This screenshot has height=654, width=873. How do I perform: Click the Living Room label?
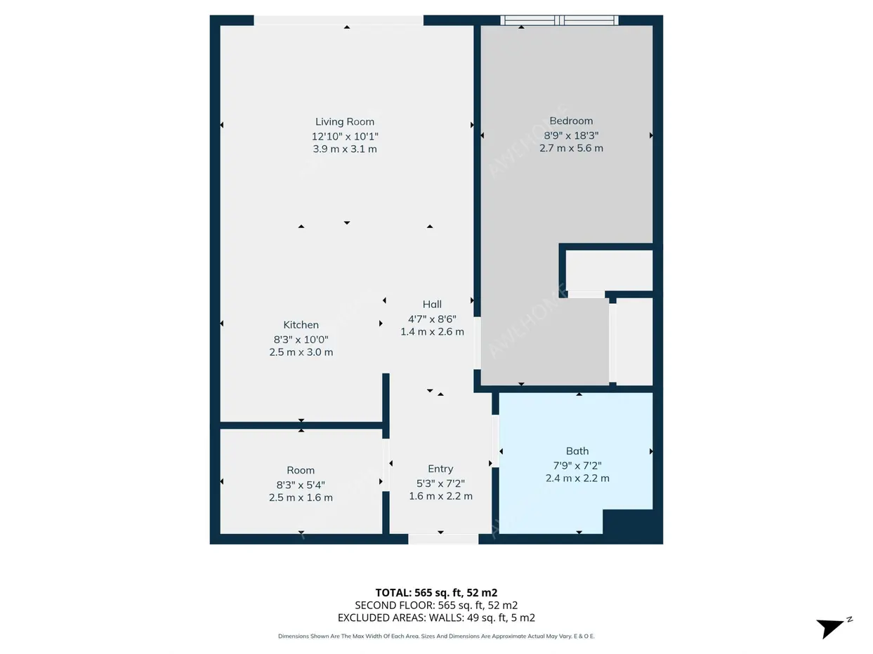click(344, 121)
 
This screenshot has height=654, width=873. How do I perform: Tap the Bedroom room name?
click(571, 121)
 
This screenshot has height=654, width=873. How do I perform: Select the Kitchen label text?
click(301, 325)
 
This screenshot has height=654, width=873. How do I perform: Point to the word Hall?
click(432, 305)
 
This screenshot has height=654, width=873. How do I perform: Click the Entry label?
click(440, 469)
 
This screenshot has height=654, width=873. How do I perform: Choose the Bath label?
click(577, 451)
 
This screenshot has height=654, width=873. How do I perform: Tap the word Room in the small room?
click(301, 470)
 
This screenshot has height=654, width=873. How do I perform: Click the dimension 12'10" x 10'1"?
click(344, 136)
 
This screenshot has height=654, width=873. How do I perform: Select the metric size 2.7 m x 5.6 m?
click(571, 148)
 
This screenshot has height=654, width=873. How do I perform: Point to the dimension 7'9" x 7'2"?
click(577, 465)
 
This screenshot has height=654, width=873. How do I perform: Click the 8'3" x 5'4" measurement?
click(301, 485)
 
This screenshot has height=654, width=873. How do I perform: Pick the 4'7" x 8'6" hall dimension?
click(432, 319)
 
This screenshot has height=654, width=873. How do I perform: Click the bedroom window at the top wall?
click(559, 20)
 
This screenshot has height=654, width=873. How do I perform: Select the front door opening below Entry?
click(443, 539)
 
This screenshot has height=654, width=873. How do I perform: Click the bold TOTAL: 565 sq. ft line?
click(436, 593)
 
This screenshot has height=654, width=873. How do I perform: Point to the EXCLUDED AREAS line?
click(436, 618)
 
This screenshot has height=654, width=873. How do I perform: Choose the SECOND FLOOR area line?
click(436, 605)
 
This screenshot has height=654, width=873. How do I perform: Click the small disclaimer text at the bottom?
click(436, 636)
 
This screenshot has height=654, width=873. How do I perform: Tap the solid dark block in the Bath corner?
click(628, 521)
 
